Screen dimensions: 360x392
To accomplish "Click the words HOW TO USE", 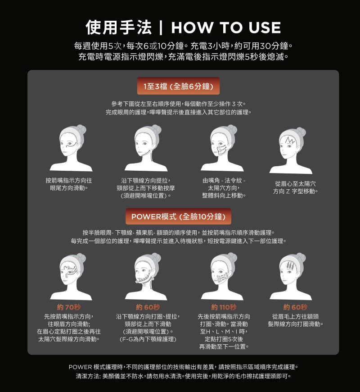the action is point(226,27).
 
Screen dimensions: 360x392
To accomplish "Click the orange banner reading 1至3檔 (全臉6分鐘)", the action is point(178,86).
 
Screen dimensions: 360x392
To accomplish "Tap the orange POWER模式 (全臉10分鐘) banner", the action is point(178,216).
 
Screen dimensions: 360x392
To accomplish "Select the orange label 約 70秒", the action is point(69,307).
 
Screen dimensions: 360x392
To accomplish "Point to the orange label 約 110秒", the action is point(224,307).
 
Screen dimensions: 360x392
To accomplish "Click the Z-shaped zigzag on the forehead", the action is point(290,140).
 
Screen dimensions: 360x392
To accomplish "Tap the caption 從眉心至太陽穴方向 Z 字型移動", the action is point(295,187).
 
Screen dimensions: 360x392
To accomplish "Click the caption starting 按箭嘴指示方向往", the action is point(69,184).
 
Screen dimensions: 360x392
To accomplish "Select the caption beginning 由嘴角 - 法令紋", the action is point(224,188).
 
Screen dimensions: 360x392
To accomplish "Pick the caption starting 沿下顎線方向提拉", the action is point(146,188).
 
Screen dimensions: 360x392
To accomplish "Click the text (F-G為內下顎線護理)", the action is point(148,339).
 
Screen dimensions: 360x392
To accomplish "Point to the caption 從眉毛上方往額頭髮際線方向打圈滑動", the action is point(295,320).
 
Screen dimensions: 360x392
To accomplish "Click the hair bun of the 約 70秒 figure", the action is point(81,258).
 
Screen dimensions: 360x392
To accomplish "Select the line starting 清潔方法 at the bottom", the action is point(184,376).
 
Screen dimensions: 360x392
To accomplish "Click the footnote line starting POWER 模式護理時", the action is point(184,367).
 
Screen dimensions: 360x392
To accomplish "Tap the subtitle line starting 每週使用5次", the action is point(183,46).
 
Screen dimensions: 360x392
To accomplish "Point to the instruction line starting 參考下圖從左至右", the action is point(178,104).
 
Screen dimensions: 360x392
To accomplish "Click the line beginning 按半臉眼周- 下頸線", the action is point(178,233).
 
